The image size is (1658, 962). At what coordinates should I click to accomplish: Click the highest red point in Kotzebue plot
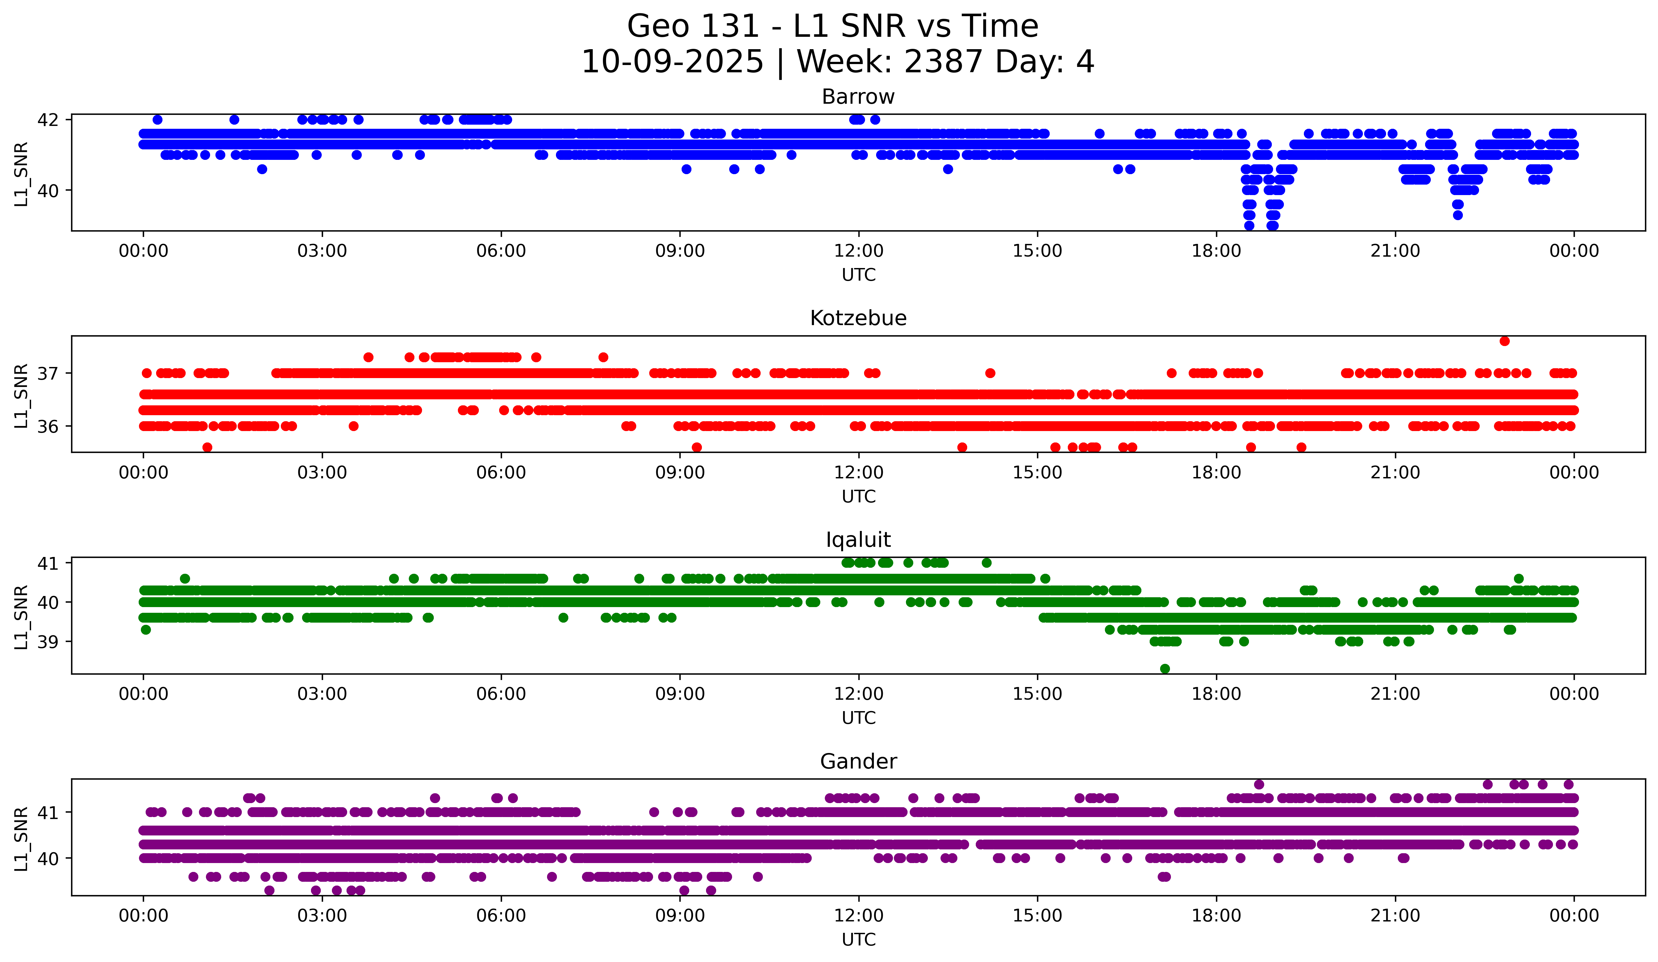(1505, 341)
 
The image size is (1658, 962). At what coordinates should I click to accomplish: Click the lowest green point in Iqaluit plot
(1165, 669)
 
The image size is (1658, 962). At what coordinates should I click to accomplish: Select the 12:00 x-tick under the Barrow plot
(859, 251)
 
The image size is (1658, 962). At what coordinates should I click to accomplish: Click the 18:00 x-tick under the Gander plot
(1217, 916)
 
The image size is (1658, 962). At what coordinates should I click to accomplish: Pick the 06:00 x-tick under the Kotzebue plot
(501, 473)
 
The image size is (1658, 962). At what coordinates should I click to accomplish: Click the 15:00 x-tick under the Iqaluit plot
(1038, 694)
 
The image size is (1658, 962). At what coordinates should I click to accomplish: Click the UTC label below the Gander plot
(859, 940)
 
